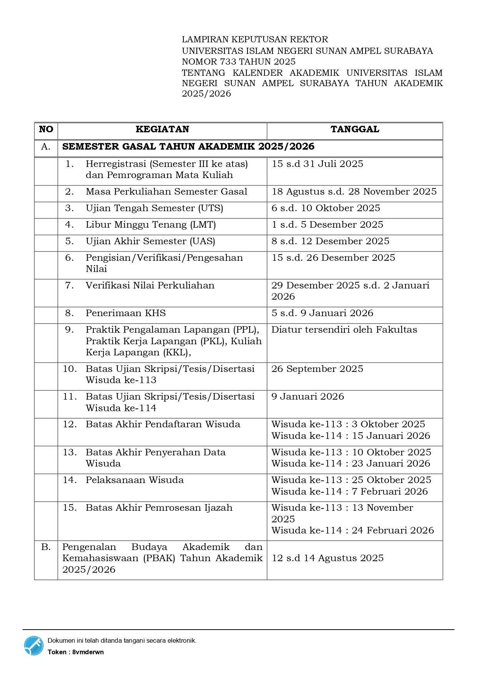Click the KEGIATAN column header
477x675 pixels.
[162, 129]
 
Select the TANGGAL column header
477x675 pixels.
[355, 129]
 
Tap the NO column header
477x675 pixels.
[46, 129]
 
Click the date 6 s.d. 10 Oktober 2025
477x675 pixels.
[326, 208]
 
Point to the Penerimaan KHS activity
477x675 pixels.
[126, 313]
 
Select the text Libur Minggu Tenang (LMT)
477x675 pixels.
[151, 225]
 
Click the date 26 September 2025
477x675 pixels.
[317, 369]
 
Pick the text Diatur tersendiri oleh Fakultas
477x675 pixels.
[344, 330]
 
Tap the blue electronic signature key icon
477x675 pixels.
[34, 646]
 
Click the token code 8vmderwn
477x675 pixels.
[88, 652]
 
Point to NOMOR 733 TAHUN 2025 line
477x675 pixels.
[239, 62]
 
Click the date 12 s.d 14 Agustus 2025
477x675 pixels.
[327, 558]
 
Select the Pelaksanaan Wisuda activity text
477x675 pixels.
[135, 480]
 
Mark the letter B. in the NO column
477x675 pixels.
[46, 547]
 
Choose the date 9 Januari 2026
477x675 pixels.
[307, 397]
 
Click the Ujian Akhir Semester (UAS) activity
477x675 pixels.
[150, 241]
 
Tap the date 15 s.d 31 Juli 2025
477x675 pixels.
[317, 164]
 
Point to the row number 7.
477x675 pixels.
[70, 285]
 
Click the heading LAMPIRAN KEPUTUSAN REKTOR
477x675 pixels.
[255, 39]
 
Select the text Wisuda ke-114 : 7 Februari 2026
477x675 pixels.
[349, 492]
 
